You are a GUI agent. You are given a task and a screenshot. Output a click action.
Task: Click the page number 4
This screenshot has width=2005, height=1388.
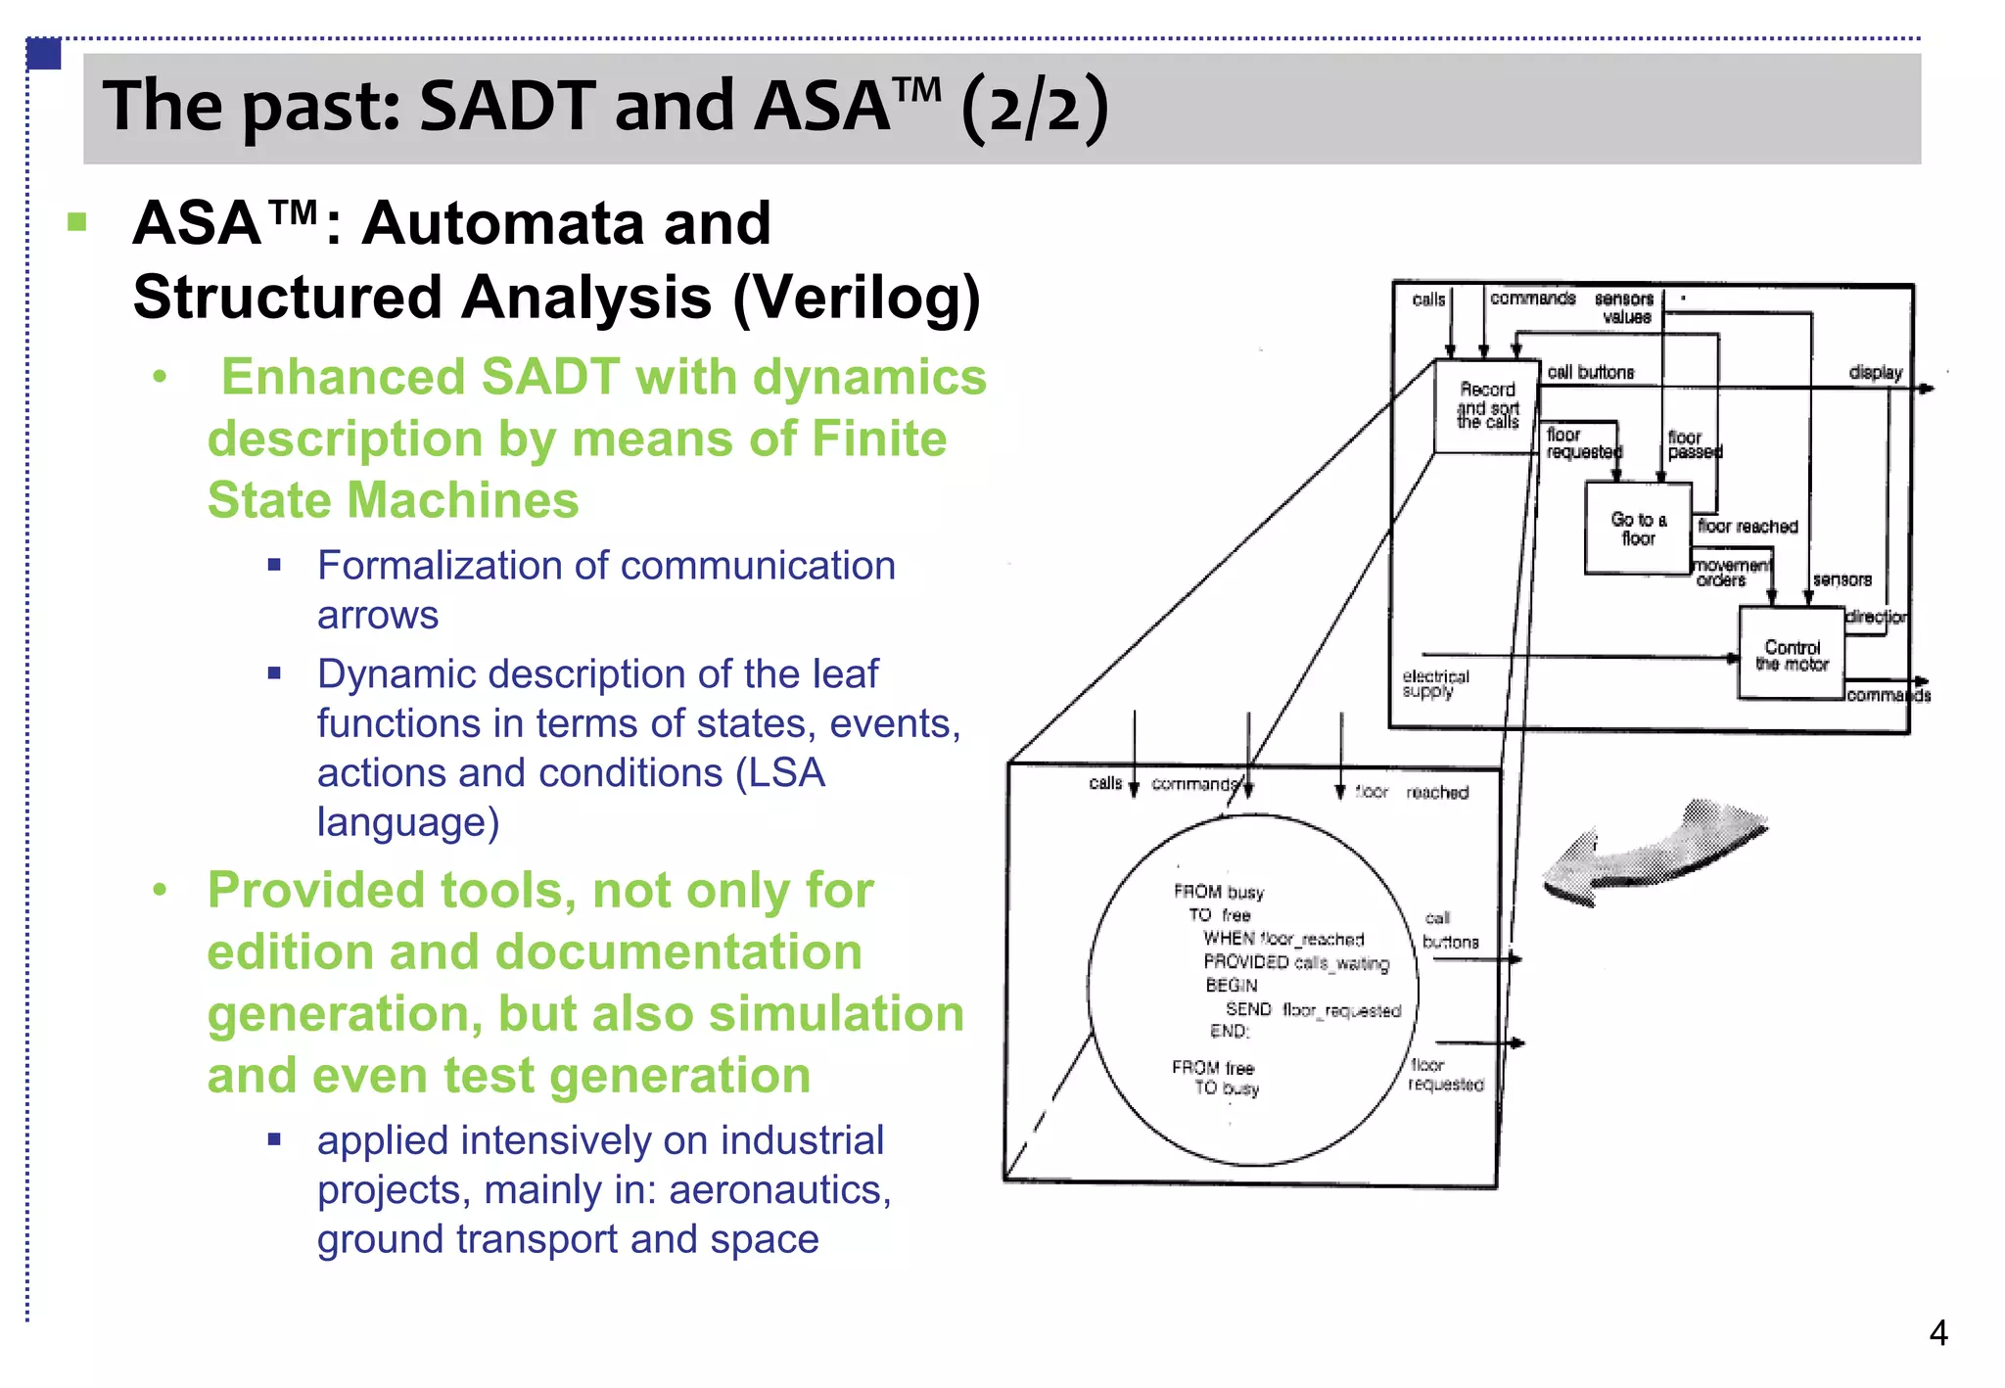tap(1937, 1333)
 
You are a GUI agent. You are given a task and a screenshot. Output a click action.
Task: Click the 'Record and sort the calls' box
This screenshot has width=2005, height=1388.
tap(1486, 405)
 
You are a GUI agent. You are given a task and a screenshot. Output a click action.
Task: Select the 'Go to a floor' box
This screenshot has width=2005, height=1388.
tap(1638, 529)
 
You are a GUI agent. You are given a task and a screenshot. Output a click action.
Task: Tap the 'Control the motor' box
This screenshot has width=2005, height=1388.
tap(1792, 655)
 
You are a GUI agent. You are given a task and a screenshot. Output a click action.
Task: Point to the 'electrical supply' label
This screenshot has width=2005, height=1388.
tap(1435, 683)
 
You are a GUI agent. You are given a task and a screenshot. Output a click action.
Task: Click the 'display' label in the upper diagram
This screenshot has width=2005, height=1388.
tap(1875, 372)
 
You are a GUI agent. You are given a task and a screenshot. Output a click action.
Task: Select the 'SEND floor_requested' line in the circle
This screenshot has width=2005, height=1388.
tap(1313, 1009)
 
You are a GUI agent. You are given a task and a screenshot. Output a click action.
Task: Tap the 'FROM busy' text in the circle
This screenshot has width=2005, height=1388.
tap(1219, 892)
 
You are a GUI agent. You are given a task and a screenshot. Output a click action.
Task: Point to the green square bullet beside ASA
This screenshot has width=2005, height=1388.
tap(77, 222)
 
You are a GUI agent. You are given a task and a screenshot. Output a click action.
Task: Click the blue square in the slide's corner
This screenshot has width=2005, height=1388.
tap(43, 53)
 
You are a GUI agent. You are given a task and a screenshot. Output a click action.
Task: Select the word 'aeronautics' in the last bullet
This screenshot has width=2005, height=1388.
tap(778, 1190)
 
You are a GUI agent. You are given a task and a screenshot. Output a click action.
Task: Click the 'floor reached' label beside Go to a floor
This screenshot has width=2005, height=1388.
tap(1748, 527)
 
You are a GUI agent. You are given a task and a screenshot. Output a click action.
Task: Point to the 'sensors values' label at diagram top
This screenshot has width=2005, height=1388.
tap(1624, 307)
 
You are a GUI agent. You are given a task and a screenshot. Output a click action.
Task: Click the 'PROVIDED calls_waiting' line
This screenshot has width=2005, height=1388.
tap(1296, 963)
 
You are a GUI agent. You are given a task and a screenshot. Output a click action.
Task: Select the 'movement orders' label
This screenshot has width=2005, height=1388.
tap(1731, 573)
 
